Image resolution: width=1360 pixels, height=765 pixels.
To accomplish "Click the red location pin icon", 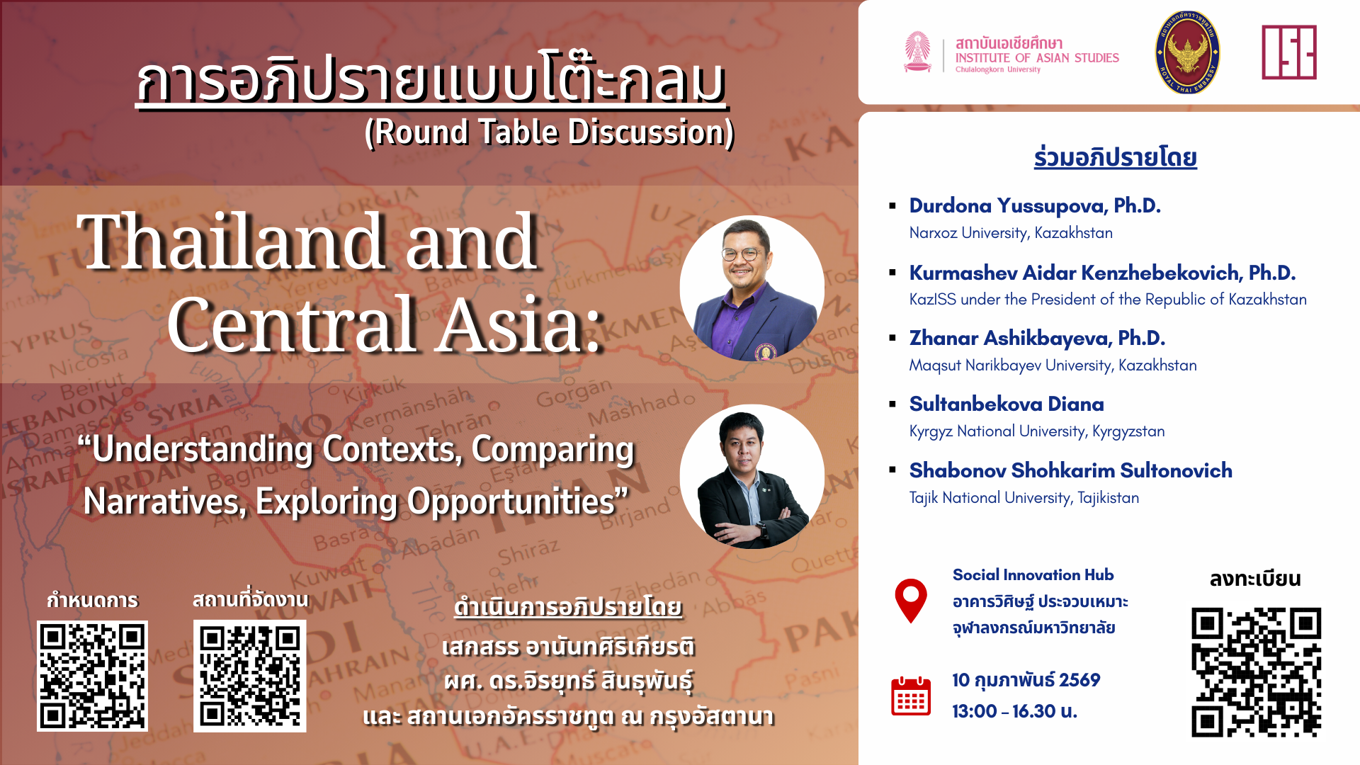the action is (911, 599).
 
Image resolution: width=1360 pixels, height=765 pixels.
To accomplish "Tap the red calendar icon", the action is (911, 696).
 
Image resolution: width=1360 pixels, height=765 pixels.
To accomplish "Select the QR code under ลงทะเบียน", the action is (1256, 671).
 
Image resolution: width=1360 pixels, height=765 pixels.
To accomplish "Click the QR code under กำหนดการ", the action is (92, 676).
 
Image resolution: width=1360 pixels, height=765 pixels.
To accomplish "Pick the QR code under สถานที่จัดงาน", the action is (249, 676).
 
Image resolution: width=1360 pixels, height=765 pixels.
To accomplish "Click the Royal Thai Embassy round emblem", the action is (1187, 52).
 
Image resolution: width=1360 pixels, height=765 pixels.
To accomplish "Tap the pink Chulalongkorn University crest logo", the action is (918, 52).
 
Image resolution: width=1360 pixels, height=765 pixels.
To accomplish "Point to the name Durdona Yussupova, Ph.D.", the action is (1035, 205).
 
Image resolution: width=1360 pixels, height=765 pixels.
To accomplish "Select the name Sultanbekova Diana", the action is (1007, 404).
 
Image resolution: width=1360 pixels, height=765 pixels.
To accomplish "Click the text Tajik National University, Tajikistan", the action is (1024, 498).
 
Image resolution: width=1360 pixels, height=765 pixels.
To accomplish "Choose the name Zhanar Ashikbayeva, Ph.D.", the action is (1037, 338).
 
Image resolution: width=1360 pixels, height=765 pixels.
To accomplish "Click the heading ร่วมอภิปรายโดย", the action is (1115, 157).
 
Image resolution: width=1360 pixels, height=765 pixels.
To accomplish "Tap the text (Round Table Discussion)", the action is (550, 132).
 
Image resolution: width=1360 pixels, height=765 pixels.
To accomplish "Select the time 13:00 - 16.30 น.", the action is (1014, 711).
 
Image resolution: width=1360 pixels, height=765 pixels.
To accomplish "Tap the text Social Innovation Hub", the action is (1033, 575).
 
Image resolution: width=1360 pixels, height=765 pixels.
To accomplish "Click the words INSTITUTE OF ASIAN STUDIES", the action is (1037, 58).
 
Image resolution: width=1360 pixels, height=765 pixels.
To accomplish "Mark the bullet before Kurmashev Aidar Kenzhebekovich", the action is (892, 273).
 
